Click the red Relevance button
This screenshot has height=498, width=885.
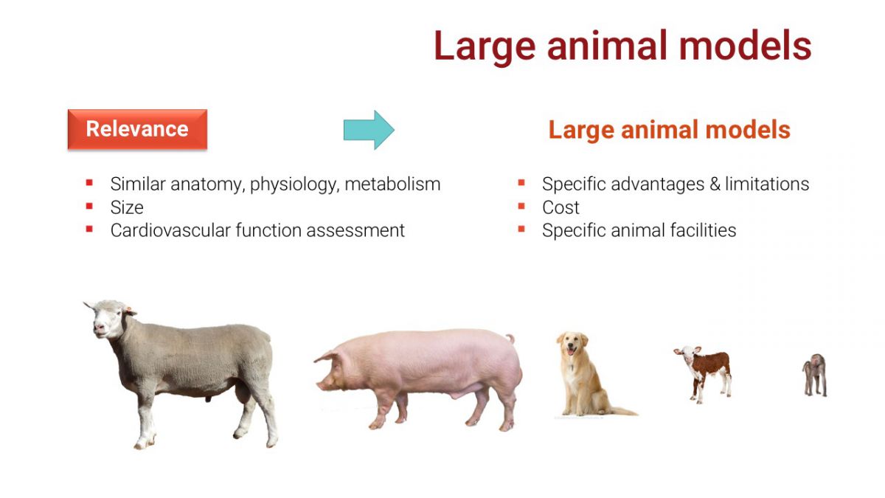click(137, 129)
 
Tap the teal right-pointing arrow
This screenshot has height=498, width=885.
click(369, 130)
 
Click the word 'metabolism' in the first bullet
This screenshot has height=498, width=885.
click(392, 184)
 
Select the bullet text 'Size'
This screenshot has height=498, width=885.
click(127, 207)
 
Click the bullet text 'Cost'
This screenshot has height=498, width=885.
click(560, 207)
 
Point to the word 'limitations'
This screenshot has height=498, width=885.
click(767, 184)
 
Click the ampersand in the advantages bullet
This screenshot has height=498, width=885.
click(715, 184)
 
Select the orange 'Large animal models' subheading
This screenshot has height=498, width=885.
click(670, 130)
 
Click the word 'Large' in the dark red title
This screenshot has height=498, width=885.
click(485, 46)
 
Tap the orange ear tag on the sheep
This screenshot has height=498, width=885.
click(128, 308)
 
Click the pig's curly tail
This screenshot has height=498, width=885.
click(511, 339)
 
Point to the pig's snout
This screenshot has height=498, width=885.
click(319, 384)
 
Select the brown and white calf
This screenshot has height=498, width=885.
click(704, 374)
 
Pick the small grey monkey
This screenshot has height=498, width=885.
click(815, 375)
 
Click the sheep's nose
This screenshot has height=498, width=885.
click(99, 328)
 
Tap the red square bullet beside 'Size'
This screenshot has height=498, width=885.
click(89, 206)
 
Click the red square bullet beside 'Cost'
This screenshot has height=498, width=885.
click(521, 206)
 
